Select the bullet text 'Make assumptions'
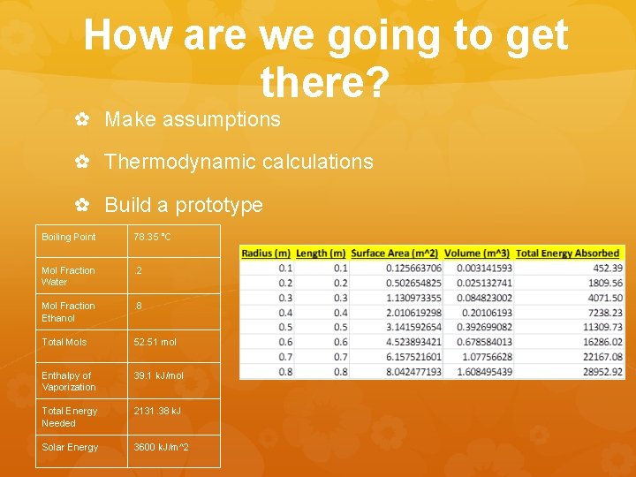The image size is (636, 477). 192,119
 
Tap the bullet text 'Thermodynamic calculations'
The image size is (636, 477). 238,162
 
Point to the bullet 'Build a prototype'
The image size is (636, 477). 184,205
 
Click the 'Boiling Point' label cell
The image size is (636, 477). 69,237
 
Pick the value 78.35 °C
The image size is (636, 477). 153,237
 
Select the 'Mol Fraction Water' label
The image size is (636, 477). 68,276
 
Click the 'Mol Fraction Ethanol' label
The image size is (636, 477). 68,312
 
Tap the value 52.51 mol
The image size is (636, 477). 155,342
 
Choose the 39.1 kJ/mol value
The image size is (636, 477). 158,375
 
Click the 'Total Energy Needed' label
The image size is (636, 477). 70,417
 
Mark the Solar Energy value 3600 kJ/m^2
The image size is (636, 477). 161,447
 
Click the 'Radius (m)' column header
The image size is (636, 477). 266,254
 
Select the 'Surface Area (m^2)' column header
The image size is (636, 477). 395,254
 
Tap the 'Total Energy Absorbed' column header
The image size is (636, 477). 568,254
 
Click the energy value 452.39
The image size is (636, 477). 608,268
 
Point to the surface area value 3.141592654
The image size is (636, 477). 413,328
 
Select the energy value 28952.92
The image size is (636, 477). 602,373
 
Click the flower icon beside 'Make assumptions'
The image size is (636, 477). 81,119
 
